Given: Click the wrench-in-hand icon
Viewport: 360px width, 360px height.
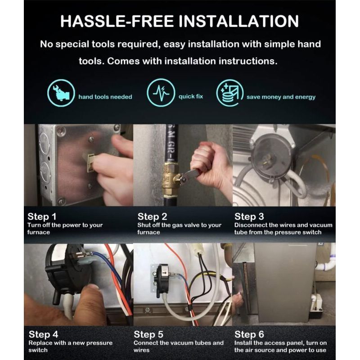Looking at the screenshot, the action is tap(61, 93).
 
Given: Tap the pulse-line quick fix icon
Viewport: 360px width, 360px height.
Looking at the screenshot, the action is tap(161, 93).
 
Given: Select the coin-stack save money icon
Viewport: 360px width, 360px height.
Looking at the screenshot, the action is tap(230, 93).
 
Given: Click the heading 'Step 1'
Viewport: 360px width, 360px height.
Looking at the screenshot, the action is tap(42, 216).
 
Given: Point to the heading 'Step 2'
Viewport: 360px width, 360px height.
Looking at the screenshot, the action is tap(152, 216).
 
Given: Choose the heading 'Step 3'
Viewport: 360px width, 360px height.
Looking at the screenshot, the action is tap(249, 216).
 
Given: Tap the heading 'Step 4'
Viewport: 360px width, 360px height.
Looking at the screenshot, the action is tap(43, 334).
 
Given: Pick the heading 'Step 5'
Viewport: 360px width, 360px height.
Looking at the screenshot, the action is tap(148, 334).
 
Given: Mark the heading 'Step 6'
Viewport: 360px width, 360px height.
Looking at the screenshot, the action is tap(249, 334).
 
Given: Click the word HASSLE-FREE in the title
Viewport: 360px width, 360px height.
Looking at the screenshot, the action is tap(117, 21).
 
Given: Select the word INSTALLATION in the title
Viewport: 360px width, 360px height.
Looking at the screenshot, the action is tap(239, 21).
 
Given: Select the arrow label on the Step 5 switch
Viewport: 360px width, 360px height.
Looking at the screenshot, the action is tap(165, 273).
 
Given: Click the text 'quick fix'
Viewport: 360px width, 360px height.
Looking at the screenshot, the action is tap(191, 96).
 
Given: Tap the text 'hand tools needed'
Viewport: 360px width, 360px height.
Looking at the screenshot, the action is tap(105, 97).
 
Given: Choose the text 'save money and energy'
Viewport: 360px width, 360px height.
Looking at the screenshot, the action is tap(281, 97).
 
